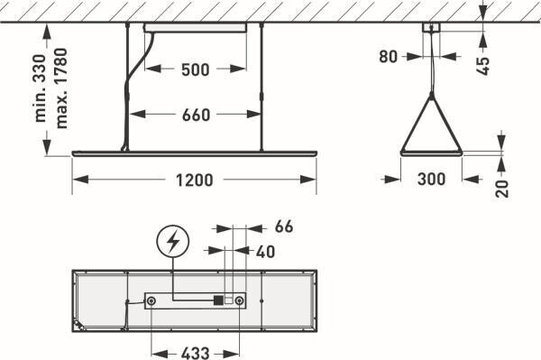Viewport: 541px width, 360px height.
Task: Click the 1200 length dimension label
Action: tap(194, 180)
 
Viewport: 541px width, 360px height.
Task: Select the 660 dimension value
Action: tap(196, 115)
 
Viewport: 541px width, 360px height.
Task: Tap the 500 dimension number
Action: tap(196, 69)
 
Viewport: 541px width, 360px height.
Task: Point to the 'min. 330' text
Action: tap(41, 88)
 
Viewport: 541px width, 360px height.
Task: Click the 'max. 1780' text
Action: tap(60, 88)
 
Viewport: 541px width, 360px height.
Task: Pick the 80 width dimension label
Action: tap(388, 57)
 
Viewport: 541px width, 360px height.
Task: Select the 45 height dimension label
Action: tap(482, 66)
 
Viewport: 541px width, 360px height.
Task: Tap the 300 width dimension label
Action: tap(431, 180)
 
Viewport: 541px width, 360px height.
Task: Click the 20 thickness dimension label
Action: tap(502, 189)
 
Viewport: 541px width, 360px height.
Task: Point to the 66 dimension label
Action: tap(284, 226)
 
